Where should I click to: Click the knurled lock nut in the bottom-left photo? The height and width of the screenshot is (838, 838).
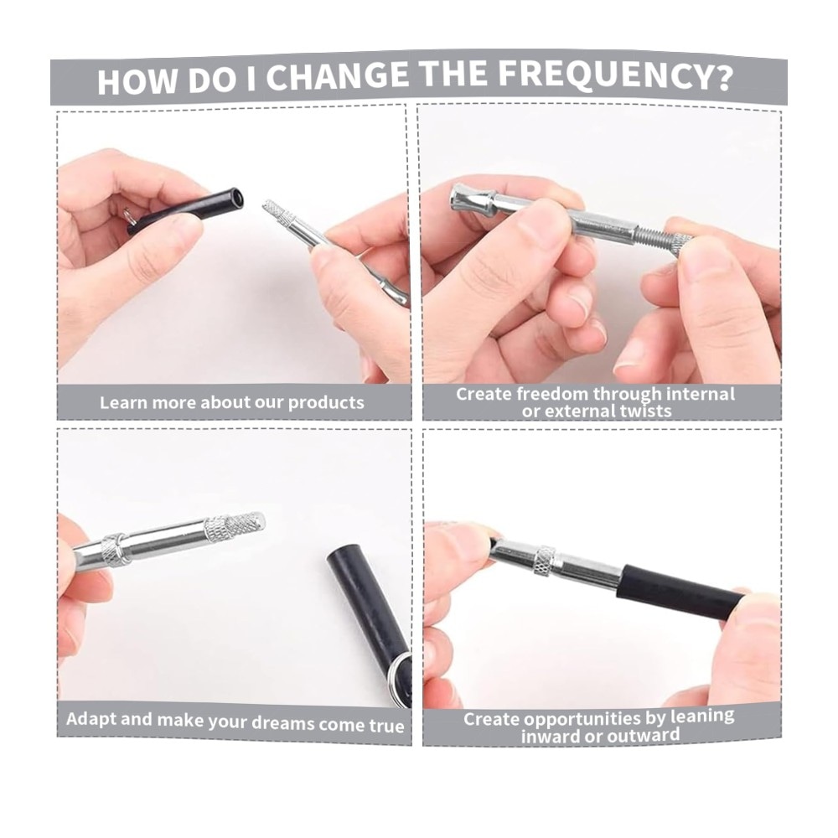(x=116, y=550)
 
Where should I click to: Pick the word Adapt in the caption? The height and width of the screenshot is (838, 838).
(x=90, y=719)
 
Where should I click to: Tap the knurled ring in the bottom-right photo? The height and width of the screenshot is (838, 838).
(x=546, y=561)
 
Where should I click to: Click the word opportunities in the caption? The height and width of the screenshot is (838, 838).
(x=587, y=719)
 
